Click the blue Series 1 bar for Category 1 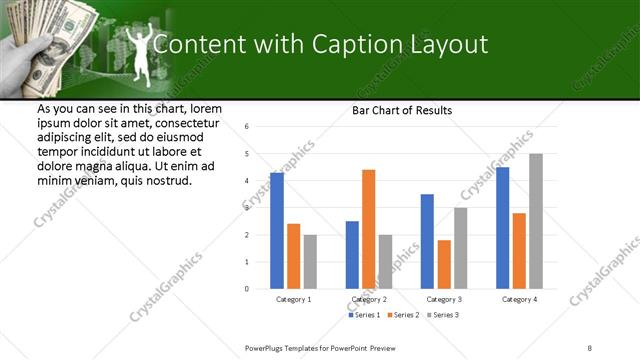pyautogui.click(x=277, y=231)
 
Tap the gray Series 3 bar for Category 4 pyautogui.click(x=536, y=221)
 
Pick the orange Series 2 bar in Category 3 pyautogui.click(x=443, y=264)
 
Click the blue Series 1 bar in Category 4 pyautogui.click(x=502, y=228)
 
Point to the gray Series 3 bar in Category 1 pyautogui.click(x=310, y=262)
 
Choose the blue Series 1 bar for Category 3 pyautogui.click(x=427, y=241)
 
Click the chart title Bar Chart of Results pyautogui.click(x=402, y=110)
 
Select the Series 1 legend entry pyautogui.click(x=365, y=315)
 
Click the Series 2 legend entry pyautogui.click(x=403, y=315)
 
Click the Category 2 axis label pyautogui.click(x=369, y=299)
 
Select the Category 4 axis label pyautogui.click(x=519, y=299)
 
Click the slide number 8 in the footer pyautogui.click(x=590, y=347)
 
